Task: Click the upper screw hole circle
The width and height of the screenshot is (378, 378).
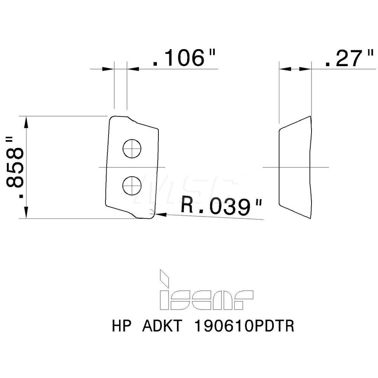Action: (132, 149)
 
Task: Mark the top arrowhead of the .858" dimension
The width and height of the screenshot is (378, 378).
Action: (26, 122)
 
